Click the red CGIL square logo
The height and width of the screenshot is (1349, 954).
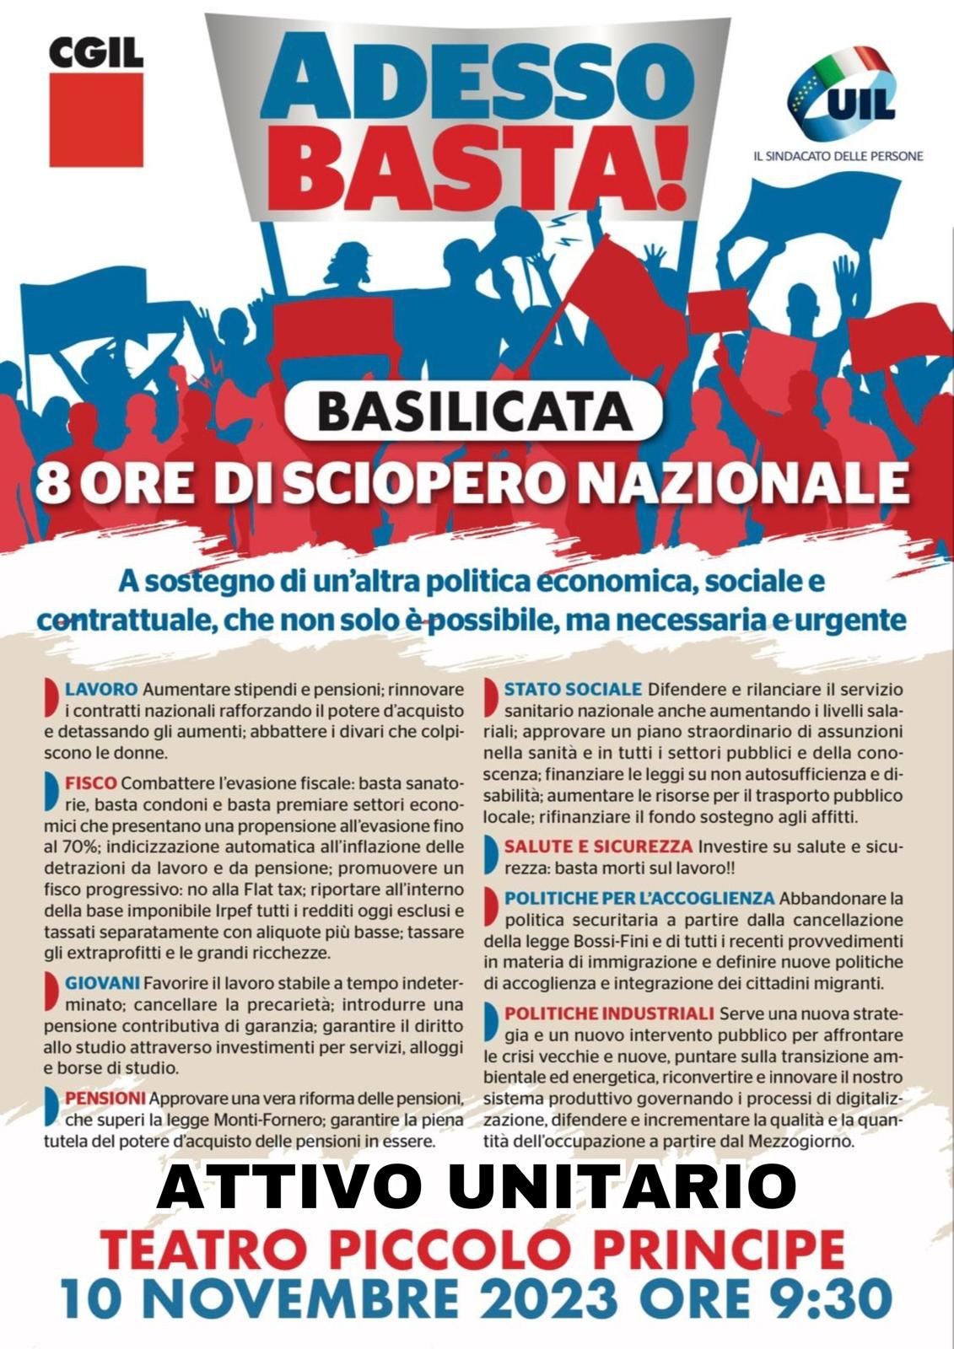point(96,119)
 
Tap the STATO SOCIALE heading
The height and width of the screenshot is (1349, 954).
point(573,690)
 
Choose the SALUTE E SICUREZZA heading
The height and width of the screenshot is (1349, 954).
point(598,846)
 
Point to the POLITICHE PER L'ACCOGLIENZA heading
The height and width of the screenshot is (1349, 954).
point(639,898)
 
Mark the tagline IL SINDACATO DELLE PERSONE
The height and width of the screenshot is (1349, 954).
point(838,156)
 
